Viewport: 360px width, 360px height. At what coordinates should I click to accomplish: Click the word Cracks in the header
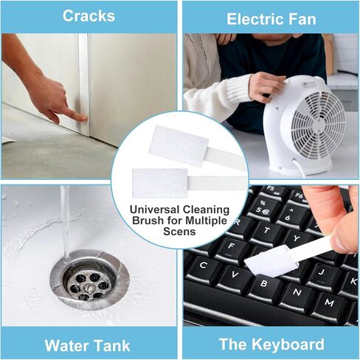click(89, 16)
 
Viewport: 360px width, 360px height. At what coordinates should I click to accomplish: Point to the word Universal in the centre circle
click(153, 210)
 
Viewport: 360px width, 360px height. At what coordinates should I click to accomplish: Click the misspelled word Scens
click(179, 232)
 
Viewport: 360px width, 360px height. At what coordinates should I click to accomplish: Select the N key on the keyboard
click(297, 294)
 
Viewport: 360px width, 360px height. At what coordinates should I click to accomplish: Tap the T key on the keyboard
click(267, 232)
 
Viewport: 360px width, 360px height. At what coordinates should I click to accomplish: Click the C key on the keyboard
click(203, 267)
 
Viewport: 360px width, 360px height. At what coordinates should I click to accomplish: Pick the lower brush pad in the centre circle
click(160, 183)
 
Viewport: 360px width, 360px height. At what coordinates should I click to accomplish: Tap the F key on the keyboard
click(231, 247)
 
